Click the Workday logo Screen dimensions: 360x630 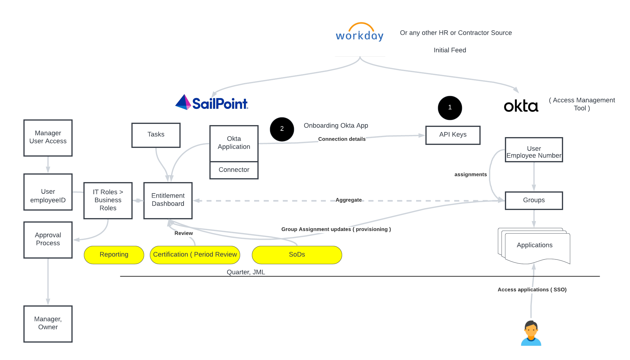click(360, 32)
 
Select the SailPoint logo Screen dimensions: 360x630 click(212, 103)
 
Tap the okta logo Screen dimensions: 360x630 click(521, 106)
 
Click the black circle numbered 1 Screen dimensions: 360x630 click(450, 108)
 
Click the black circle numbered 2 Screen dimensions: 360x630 click(282, 129)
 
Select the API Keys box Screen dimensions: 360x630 click(453, 135)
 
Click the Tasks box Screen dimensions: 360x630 click(156, 135)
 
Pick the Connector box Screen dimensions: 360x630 click(234, 170)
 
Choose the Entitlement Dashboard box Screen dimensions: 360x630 click(168, 200)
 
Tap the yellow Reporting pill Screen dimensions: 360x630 click(114, 255)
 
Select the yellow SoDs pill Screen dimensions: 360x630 click(297, 255)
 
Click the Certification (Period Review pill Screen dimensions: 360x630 click(195, 255)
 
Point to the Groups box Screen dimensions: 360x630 click(534, 200)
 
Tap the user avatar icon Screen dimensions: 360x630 click(531, 333)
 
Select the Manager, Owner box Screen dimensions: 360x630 click(48, 323)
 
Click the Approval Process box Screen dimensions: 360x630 click(48, 239)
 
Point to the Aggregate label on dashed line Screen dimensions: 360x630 click(349, 200)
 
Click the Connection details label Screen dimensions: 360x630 click(342, 139)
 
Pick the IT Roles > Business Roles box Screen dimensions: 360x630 click(108, 200)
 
